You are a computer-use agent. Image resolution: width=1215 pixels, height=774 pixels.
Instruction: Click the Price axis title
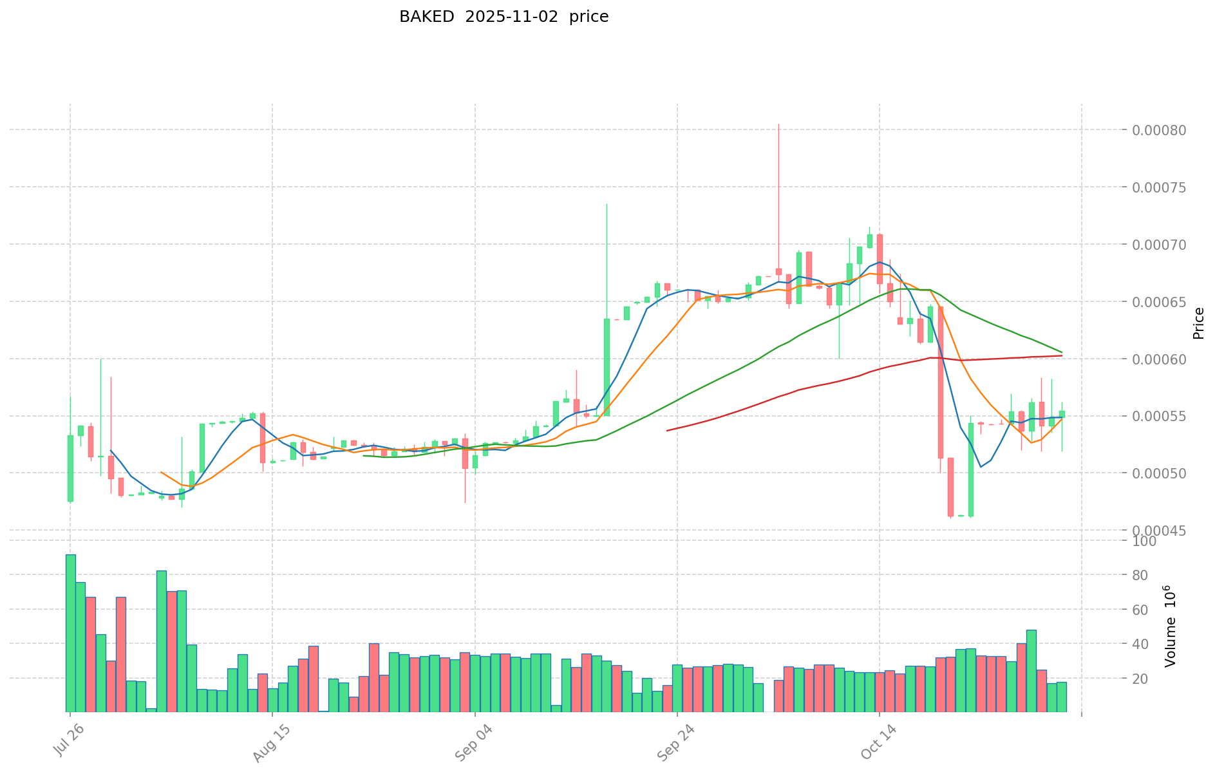coord(1198,323)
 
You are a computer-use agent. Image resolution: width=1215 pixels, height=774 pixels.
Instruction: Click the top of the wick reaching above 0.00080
coord(778,125)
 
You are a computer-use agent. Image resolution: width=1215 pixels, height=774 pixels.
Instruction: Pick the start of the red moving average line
coord(667,430)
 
